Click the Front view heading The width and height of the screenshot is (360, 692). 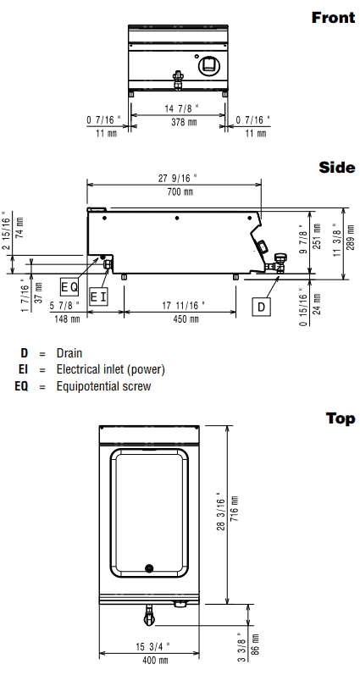[x=333, y=18]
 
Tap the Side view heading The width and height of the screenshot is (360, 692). [x=337, y=168]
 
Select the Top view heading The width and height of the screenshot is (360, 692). [x=341, y=418]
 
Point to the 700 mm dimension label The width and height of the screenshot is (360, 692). [x=180, y=191]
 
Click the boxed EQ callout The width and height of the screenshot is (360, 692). [x=69, y=287]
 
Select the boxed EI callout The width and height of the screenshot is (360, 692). [x=98, y=296]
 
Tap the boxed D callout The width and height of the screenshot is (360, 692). [x=261, y=307]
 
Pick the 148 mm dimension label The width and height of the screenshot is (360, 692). [x=68, y=318]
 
